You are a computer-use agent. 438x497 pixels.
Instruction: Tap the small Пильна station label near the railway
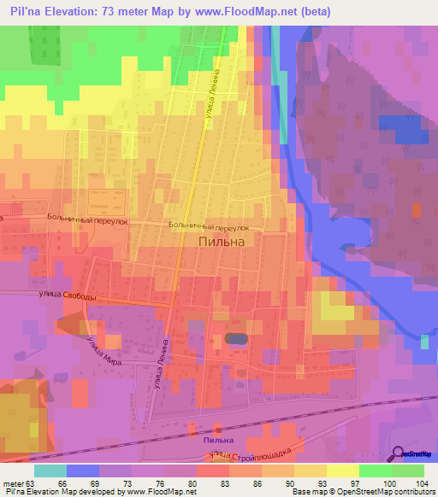[218, 440]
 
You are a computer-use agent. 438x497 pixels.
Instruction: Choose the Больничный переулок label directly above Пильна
[209, 227]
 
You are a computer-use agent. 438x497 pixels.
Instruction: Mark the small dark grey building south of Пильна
[235, 339]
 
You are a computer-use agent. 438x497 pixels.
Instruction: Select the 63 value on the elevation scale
[33, 483]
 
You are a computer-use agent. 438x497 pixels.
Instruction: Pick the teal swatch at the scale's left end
[50, 471]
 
